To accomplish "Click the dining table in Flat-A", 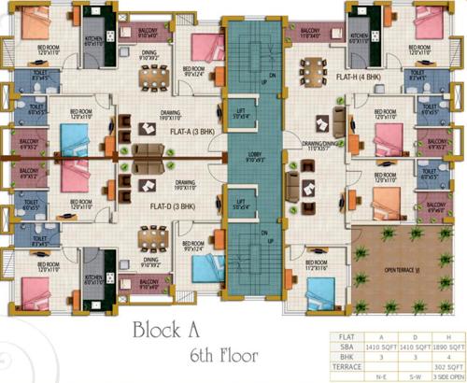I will [149, 78].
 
